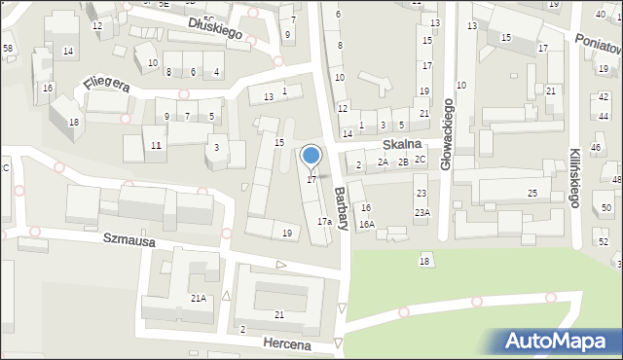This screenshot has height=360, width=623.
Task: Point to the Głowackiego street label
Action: (x=447, y=134)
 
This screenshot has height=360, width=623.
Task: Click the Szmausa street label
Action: (x=128, y=238)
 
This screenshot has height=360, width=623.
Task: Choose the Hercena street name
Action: (x=285, y=344)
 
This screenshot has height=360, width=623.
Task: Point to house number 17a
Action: (x=324, y=222)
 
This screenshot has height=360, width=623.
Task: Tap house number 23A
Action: (x=421, y=212)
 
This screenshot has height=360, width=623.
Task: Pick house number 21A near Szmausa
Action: (x=199, y=298)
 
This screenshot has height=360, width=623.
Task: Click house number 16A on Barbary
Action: (x=366, y=224)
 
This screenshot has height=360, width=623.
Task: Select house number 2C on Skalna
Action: (x=420, y=159)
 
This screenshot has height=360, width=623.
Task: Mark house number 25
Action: (x=531, y=194)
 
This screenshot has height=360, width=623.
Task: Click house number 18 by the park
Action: (x=424, y=261)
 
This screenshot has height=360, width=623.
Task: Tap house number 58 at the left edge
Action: (x=7, y=48)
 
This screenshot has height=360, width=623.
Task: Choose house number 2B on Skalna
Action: (x=402, y=162)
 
